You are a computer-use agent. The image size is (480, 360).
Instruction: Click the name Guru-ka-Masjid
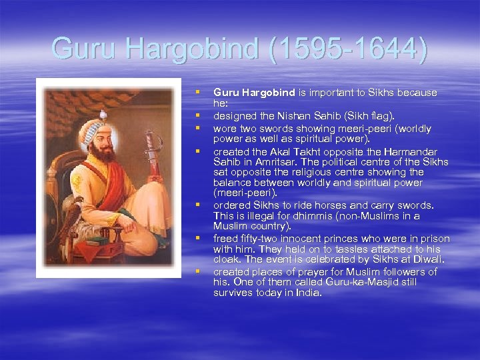click(349, 281)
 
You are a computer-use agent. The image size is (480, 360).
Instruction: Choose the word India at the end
click(307, 293)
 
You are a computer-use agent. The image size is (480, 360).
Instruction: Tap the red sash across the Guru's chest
click(113, 180)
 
